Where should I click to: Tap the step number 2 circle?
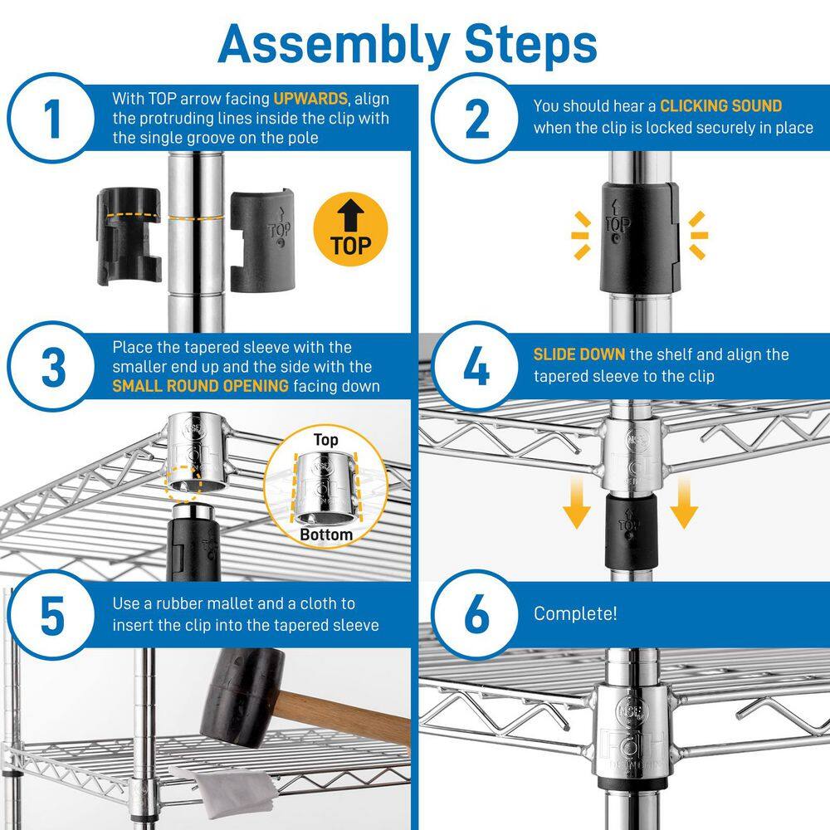point(476,119)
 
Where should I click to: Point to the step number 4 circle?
point(476,368)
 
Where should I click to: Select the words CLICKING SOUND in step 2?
point(720,106)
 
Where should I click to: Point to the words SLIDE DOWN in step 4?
point(579,354)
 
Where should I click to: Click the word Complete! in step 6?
point(575,614)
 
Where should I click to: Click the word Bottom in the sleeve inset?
point(326,535)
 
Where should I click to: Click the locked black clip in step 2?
point(634,237)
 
